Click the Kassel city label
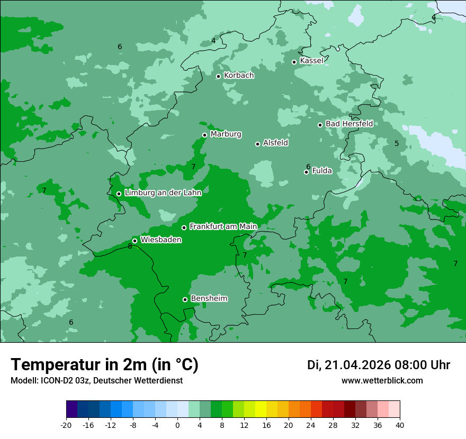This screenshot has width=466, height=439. click(x=311, y=61)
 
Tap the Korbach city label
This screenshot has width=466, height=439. click(x=239, y=76)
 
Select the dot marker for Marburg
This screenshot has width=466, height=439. click(x=204, y=135)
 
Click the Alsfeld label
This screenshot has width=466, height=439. click(x=275, y=143)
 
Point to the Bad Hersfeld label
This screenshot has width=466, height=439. click(x=349, y=124)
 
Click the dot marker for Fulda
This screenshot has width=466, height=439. click(x=306, y=172)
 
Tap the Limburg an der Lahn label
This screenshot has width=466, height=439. click(x=163, y=193)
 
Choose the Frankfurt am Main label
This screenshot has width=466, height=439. click(x=223, y=226)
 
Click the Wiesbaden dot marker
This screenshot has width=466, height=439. click(x=135, y=241)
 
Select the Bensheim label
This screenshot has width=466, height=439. click(x=209, y=298)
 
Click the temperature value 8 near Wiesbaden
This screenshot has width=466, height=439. click(x=130, y=246)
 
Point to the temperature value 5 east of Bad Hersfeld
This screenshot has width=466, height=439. click(x=397, y=143)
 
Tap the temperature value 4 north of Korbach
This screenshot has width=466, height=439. click(x=213, y=41)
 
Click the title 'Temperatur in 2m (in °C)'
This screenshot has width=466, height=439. click(x=104, y=365)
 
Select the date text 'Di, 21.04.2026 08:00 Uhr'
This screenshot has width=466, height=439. click(x=379, y=365)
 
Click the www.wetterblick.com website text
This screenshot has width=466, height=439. click(x=382, y=381)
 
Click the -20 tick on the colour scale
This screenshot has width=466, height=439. click(x=66, y=425)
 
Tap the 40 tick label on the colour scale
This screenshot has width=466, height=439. click(x=400, y=425)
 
